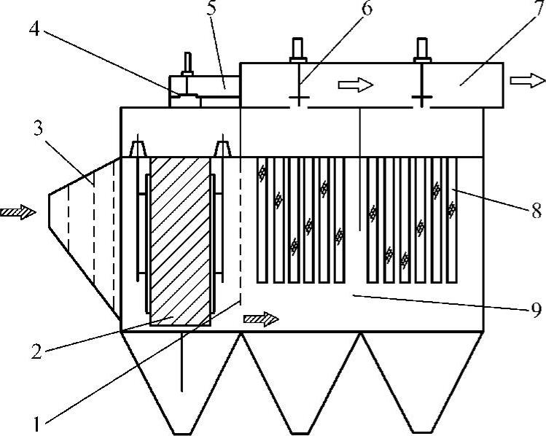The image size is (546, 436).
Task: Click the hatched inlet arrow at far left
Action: coord(17,213)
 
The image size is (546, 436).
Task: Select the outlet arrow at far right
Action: coord(526,80)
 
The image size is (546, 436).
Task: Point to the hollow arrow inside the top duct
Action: coord(356,85)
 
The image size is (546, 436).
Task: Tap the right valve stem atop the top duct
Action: coord(421,51)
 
